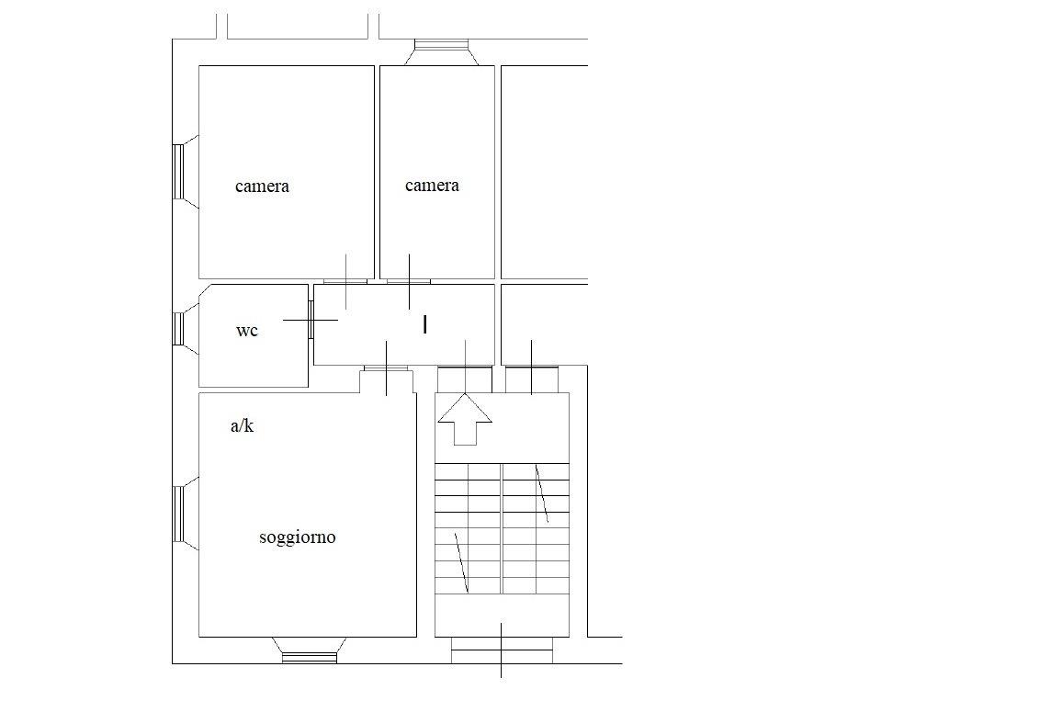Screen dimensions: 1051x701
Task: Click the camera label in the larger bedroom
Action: [262, 187]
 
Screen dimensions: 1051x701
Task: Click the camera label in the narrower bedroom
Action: [433, 186]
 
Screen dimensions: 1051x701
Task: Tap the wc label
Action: [246, 331]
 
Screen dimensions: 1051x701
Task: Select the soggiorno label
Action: [298, 537]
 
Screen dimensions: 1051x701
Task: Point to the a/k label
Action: [242, 425]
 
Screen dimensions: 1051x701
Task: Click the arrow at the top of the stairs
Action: [465, 420]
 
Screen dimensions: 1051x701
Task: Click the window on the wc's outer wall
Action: [178, 329]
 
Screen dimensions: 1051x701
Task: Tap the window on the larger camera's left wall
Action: [178, 172]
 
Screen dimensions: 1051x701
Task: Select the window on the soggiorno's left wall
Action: [178, 514]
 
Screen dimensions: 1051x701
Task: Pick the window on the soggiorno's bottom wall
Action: [309, 658]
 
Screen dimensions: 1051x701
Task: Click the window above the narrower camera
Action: [441, 46]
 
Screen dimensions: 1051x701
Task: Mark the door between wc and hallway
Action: [311, 320]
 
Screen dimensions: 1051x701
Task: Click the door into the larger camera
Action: [345, 281]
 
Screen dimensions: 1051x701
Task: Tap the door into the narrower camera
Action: [409, 281]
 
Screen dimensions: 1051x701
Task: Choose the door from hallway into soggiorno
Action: [386, 367]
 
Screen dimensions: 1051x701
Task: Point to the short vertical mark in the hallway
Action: [425, 325]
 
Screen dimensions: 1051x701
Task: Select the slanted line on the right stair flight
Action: [542, 493]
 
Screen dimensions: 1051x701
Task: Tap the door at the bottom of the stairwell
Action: [502, 650]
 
